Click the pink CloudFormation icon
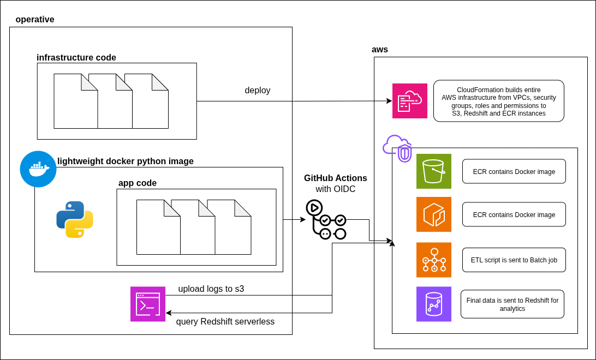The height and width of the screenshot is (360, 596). coord(410,101)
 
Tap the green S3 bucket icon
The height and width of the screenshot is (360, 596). coord(434,171)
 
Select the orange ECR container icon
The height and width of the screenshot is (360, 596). coord(434,214)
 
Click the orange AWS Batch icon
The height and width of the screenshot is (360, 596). coord(434,260)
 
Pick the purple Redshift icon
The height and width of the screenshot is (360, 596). coord(434,304)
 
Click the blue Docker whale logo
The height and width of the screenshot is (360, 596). coord(38,169)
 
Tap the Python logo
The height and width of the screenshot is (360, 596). coord(75,219)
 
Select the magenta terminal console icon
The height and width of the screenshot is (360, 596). coord(148,304)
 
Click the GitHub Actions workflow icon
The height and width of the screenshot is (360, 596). coord(326,220)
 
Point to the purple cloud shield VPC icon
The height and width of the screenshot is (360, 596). coord(397,148)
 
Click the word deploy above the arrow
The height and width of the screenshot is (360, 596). coord(258,91)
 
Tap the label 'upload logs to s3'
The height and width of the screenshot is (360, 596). coord(211,289)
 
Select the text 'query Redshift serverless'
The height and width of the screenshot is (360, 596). coord(225,322)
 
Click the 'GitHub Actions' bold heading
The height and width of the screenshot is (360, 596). coord(336,178)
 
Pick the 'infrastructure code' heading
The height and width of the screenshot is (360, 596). coord(76,58)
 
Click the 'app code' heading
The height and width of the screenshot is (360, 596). coord(138,183)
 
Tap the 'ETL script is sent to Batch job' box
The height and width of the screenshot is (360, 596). coord(514,260)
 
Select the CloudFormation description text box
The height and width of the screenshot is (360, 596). coord(499,101)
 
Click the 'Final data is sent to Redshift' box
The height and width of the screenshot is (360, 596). coord(512,304)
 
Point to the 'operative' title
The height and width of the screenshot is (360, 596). coord(35,20)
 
